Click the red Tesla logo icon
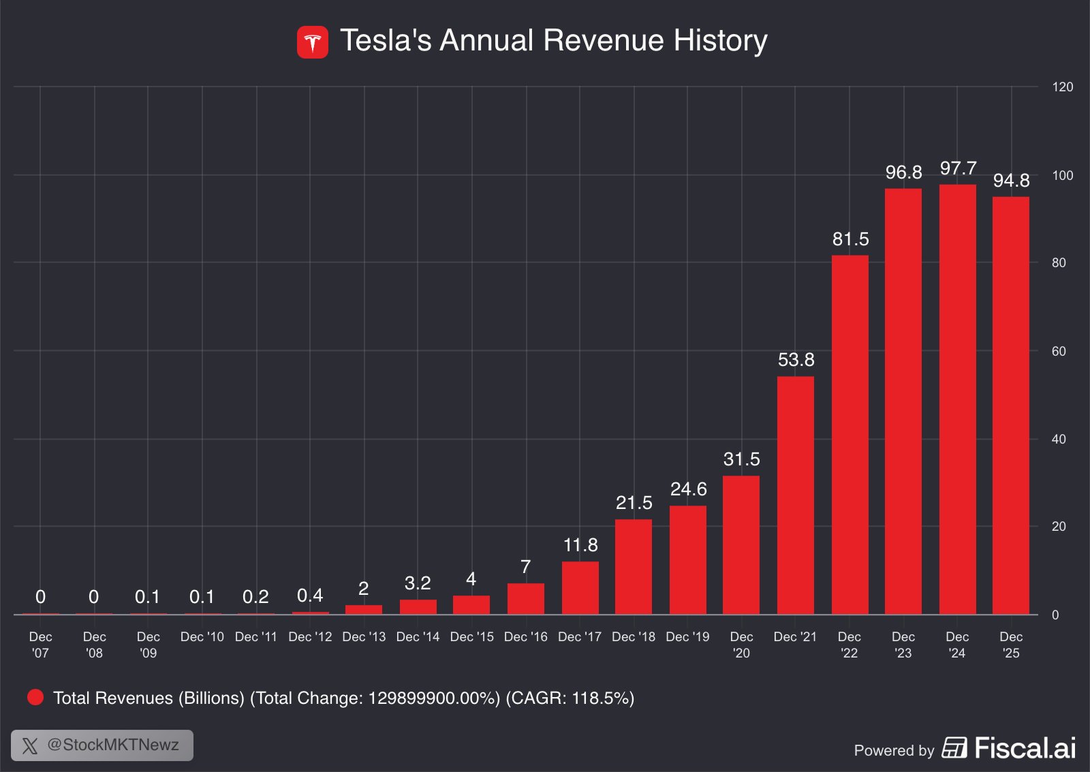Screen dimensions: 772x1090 313,42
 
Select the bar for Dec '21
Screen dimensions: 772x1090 795,495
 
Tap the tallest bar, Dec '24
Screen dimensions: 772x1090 957,399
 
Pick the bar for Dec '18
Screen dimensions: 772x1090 634,567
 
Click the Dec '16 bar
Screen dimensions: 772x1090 526,599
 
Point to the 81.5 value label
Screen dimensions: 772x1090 850,239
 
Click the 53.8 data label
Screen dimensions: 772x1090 796,360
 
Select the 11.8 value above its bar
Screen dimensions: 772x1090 580,545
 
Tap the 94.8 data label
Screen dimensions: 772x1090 1011,181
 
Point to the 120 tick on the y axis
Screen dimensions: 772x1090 1062,87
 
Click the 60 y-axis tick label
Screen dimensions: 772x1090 1059,352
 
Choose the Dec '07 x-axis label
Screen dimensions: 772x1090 40,645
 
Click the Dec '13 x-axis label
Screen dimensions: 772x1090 364,637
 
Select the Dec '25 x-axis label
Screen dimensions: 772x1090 1011,645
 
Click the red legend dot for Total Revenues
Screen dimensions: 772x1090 35,697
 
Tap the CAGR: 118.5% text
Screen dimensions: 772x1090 570,698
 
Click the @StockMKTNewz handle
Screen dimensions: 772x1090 113,745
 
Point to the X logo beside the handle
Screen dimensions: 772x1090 30,745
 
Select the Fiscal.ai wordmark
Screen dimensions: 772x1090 1025,748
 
